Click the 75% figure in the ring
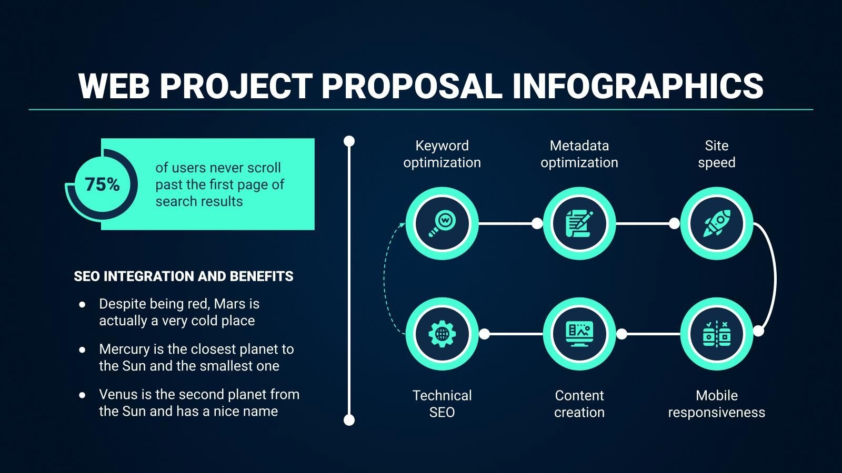tap(102, 184)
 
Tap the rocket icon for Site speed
tap(716, 223)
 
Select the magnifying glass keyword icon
tap(442, 223)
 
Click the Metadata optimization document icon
tap(579, 223)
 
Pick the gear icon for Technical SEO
tap(442, 334)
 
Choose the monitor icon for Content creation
tap(579, 334)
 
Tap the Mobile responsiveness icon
tap(716, 334)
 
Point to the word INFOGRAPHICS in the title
tap(637, 86)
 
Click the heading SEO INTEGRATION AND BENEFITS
tap(184, 276)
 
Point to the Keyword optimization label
tap(442, 154)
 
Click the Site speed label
tap(716, 154)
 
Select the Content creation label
tap(579, 404)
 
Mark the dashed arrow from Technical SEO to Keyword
tap(385, 279)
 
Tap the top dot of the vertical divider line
tap(349, 141)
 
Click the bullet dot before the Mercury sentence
tap(82, 349)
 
